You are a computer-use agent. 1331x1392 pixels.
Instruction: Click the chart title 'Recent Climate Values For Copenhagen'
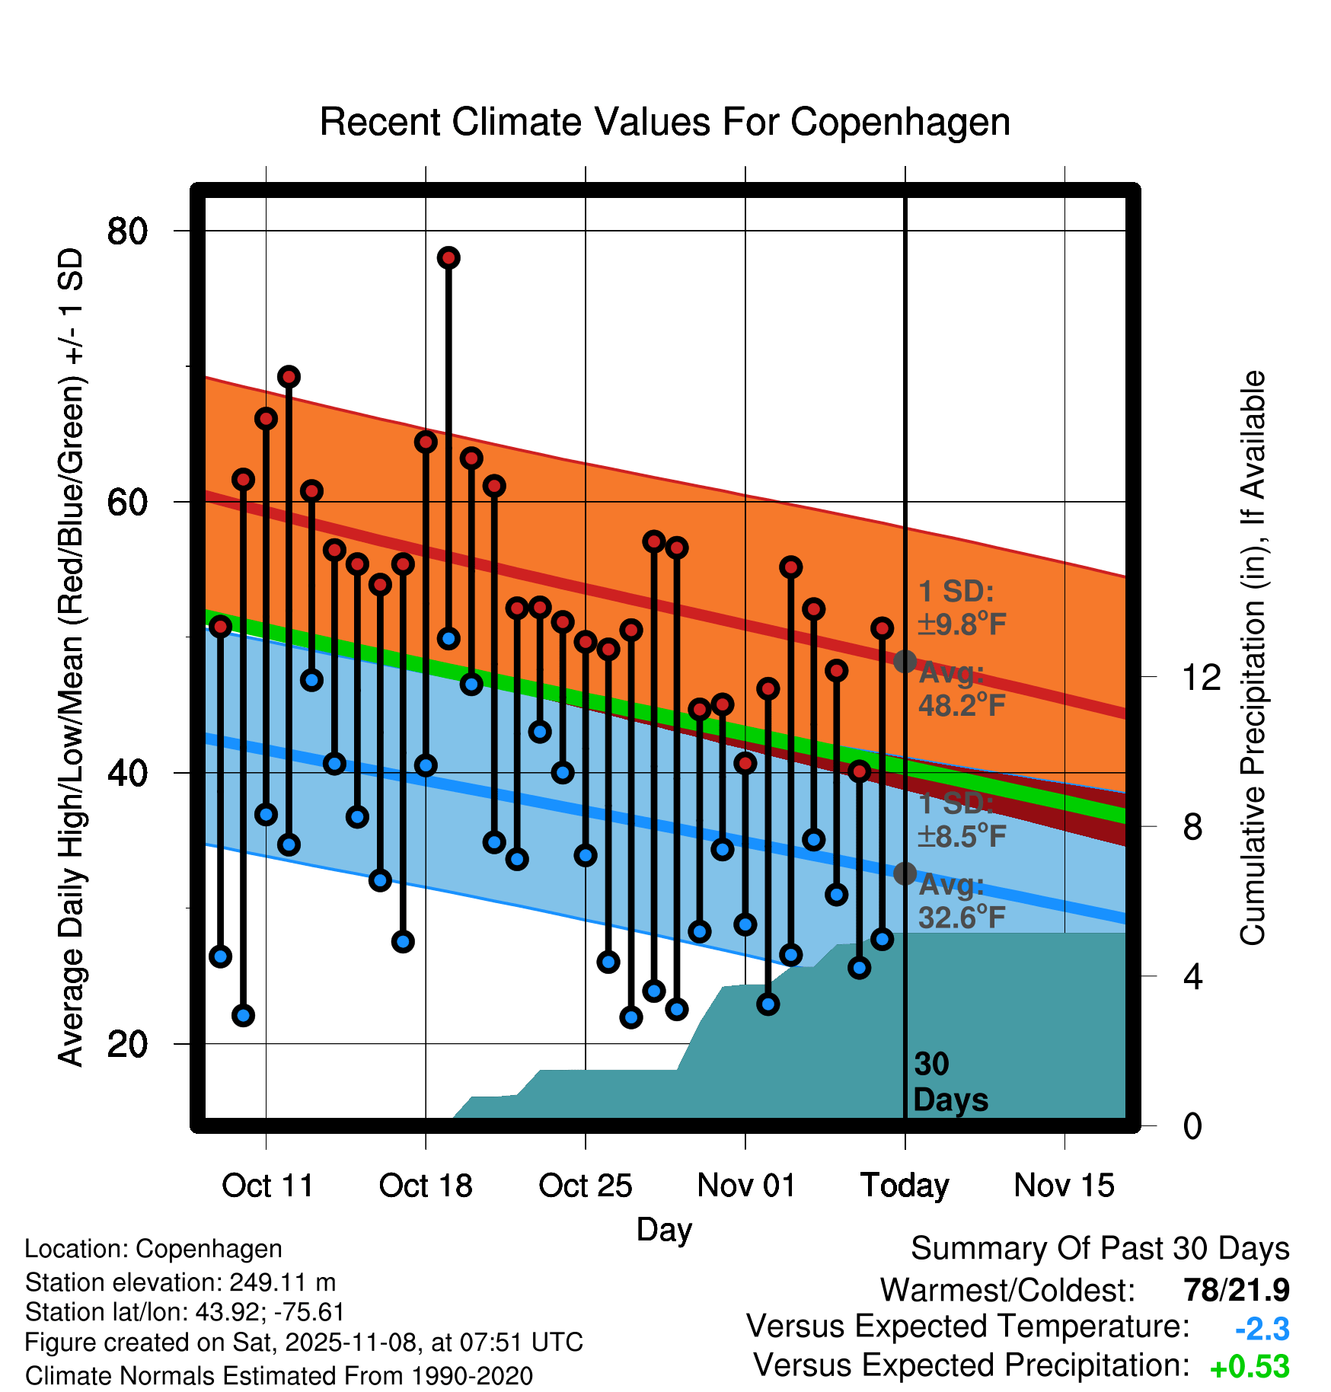point(665,122)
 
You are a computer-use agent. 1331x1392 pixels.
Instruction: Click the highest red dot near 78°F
point(448,258)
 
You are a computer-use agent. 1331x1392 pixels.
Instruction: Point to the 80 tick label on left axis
point(127,231)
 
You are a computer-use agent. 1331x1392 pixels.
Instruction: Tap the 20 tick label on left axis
point(127,1044)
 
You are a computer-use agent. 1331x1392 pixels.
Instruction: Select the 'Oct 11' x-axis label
point(267,1186)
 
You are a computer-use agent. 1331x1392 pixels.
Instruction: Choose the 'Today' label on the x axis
point(905,1186)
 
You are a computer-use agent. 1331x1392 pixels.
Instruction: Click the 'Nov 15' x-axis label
point(1064,1186)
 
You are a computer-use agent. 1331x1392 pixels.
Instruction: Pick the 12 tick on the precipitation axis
point(1201,677)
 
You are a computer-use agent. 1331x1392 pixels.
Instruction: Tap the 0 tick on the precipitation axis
point(1192,1125)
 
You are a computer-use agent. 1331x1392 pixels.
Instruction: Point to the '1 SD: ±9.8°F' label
point(961,608)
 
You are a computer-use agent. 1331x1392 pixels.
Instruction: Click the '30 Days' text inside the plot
point(950,1082)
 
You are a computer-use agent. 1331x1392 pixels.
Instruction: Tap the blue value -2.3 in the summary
point(1262,1330)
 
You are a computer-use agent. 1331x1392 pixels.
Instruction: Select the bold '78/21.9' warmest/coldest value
point(1236,1290)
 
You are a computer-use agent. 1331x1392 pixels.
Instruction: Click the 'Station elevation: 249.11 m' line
point(180,1282)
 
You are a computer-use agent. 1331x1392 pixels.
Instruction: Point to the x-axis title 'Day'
point(664,1229)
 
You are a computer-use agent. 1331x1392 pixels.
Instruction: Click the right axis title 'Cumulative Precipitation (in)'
point(1253,658)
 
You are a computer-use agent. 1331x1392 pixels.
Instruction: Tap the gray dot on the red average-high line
point(905,661)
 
